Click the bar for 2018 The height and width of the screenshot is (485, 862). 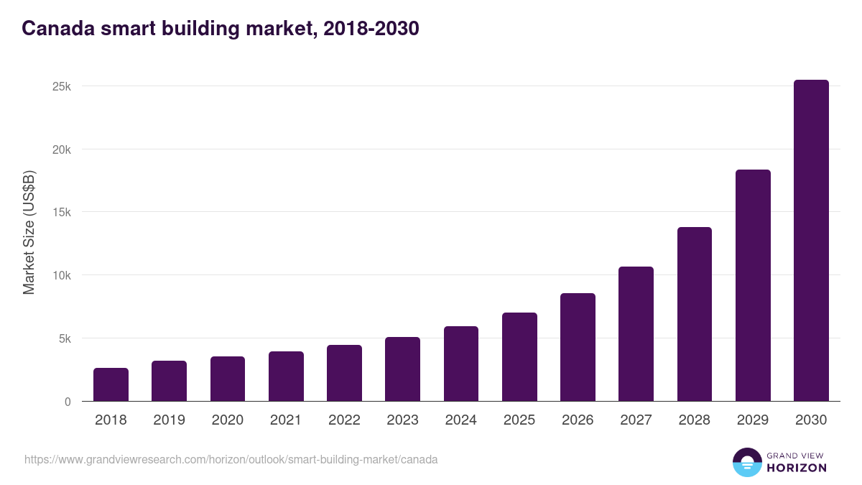point(111,384)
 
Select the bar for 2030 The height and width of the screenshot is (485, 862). point(811,241)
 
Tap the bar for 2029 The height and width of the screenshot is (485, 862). point(753,285)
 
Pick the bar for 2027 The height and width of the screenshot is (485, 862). point(636,334)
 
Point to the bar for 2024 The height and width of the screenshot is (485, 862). point(461,364)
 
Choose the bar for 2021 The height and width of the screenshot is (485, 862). point(286,376)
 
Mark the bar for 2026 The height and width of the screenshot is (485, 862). point(578,347)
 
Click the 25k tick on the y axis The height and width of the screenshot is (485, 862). point(61,86)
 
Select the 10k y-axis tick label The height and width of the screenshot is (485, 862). point(61,275)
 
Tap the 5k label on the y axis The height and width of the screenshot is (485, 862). point(64,338)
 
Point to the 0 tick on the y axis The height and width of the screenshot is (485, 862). point(68,402)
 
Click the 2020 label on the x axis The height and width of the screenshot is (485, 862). point(227,420)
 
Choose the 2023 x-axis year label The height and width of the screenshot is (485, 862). point(402,420)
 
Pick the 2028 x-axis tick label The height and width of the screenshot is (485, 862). point(694,420)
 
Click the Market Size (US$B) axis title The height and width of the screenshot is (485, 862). point(29,232)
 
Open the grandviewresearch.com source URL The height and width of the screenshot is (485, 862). point(231,459)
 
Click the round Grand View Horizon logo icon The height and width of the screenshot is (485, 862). point(747,462)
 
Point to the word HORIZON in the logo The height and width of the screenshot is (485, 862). point(797,468)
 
